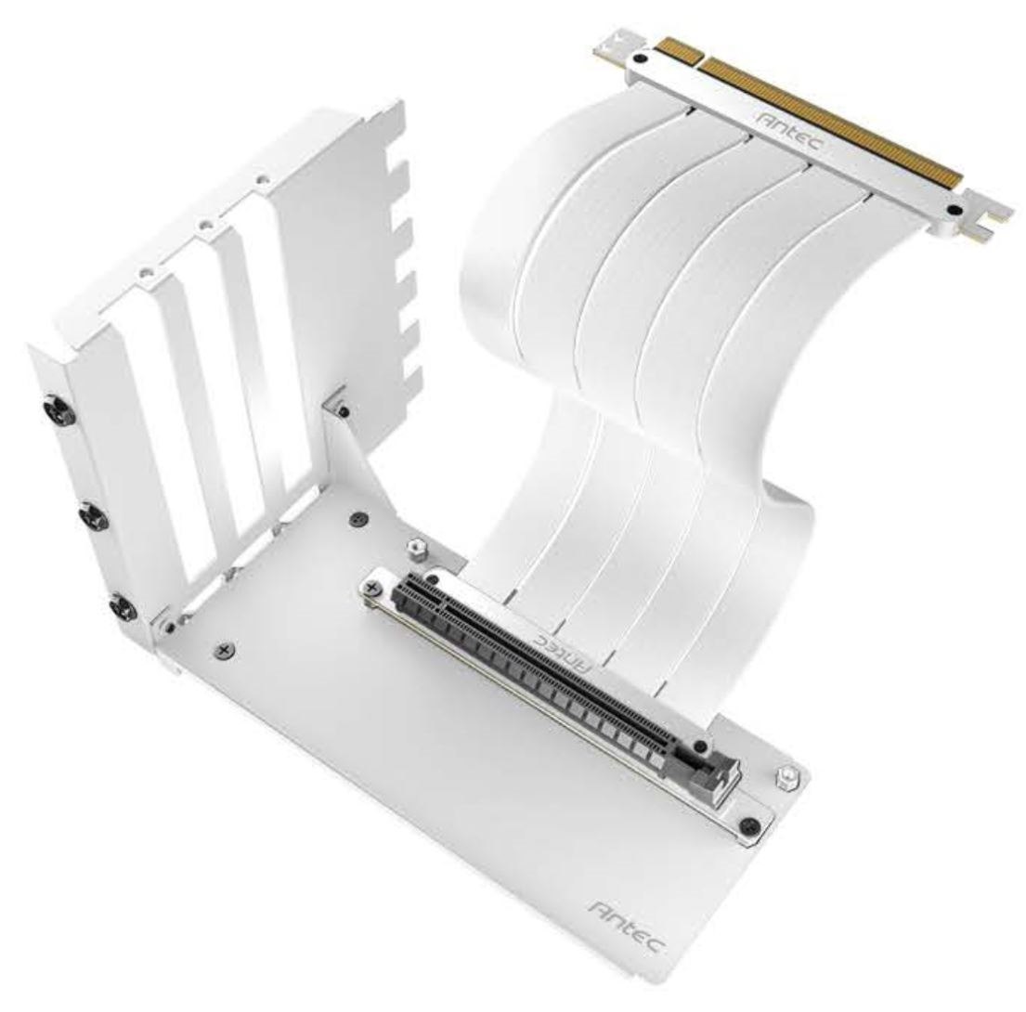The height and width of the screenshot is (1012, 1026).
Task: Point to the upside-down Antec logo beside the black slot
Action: (564, 651)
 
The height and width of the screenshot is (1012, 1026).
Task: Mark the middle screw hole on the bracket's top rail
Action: (201, 224)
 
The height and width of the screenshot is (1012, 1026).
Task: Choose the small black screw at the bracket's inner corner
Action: (344, 409)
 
